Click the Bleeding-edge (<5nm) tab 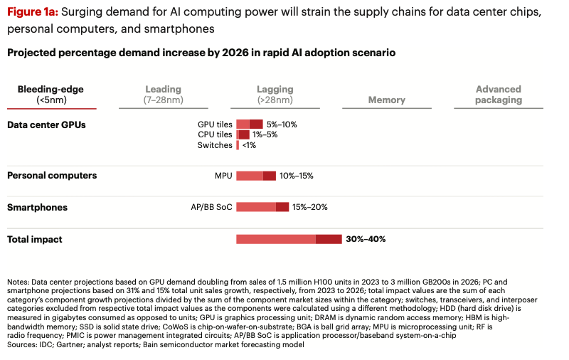(50, 95)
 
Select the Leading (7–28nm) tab (163, 95)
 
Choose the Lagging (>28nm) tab (275, 95)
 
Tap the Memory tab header (386, 100)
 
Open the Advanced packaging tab (498, 95)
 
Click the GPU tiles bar (250, 124)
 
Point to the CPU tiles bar (243, 134)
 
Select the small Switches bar (238, 145)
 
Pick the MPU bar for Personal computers (256, 176)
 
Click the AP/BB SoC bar (262, 207)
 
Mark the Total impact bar (289, 239)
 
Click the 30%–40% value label (366, 239)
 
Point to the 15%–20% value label (310, 207)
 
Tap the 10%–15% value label (297, 176)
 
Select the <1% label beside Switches (249, 145)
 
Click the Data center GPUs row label (46, 125)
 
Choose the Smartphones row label (37, 207)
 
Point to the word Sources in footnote (22, 345)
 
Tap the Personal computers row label (52, 175)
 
